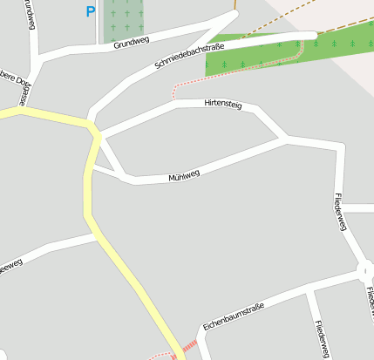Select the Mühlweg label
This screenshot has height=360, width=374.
pos(184,175)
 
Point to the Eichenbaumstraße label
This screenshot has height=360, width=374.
pos(233,316)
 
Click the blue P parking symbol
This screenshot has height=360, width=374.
pos(90,12)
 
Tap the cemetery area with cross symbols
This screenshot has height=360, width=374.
pos(124,19)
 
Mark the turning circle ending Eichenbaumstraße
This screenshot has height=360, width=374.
pos(365,274)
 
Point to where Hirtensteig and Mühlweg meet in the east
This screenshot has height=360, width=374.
pos(285,139)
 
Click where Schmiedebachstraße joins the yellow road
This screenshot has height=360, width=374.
pos(95,131)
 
